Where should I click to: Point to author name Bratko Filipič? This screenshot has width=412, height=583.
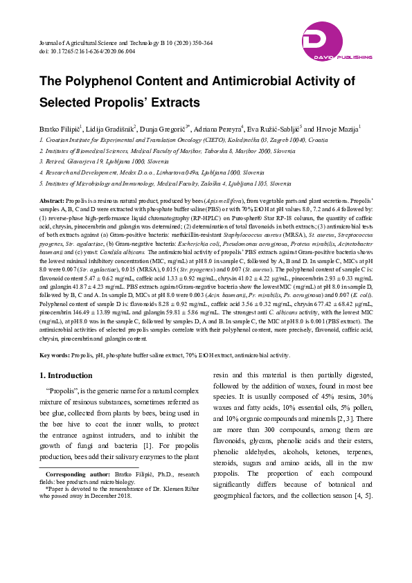coord(60,129)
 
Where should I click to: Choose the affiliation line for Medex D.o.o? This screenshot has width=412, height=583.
coord(152,172)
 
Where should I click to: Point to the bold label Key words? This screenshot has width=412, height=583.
coord(54,355)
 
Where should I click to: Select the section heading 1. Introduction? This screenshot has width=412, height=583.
coord(66,376)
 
